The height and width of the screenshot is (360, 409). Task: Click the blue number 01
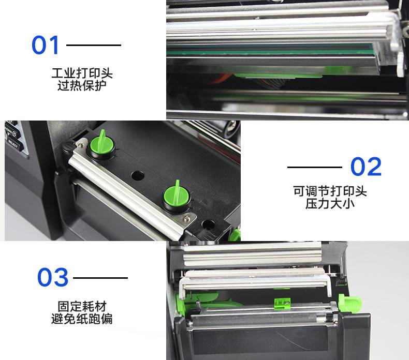pos(45,45)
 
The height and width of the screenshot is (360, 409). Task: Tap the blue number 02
pos(366,167)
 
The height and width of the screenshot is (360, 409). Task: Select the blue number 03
pos(53,277)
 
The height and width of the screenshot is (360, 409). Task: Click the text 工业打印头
pos(82,73)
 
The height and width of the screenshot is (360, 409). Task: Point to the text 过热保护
pos(82,85)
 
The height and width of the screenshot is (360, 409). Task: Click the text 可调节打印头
pos(330,191)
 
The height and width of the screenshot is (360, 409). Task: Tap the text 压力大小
pos(330,203)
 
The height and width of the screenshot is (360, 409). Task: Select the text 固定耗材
pos(82,306)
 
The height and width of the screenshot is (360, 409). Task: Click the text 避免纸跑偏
pos(82,319)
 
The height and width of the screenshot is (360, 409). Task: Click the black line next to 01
pos(94,45)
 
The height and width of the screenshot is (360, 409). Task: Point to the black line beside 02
pos(315,167)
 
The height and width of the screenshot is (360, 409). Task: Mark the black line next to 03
pos(100,278)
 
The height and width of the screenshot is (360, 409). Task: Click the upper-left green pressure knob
pos(102,144)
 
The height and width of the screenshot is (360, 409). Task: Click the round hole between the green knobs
pos(138,176)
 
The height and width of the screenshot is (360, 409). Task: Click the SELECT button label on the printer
pos(13,144)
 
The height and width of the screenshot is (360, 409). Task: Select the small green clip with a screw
pos(282,304)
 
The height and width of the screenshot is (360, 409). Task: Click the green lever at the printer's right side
pos(349,303)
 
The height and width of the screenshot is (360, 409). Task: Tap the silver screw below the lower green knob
pos(186,218)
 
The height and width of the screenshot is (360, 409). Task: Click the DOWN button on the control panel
pos(10,131)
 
